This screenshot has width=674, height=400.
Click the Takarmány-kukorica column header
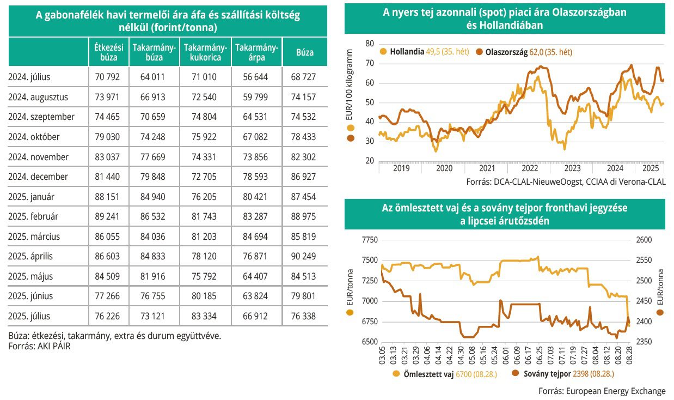tap(205, 53)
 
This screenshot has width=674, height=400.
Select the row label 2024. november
tap(38, 157)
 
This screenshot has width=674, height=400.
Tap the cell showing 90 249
tap(304, 256)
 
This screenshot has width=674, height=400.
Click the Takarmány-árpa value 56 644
tap(257, 77)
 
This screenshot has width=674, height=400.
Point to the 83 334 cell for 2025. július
tap(205, 316)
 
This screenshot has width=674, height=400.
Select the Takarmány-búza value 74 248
tap(154, 137)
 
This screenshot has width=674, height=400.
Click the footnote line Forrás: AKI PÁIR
tap(39, 346)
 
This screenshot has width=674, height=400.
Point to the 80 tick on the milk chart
tap(370, 44)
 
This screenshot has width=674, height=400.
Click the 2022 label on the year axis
tap(530, 169)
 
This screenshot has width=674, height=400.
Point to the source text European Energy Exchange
tap(615, 391)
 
